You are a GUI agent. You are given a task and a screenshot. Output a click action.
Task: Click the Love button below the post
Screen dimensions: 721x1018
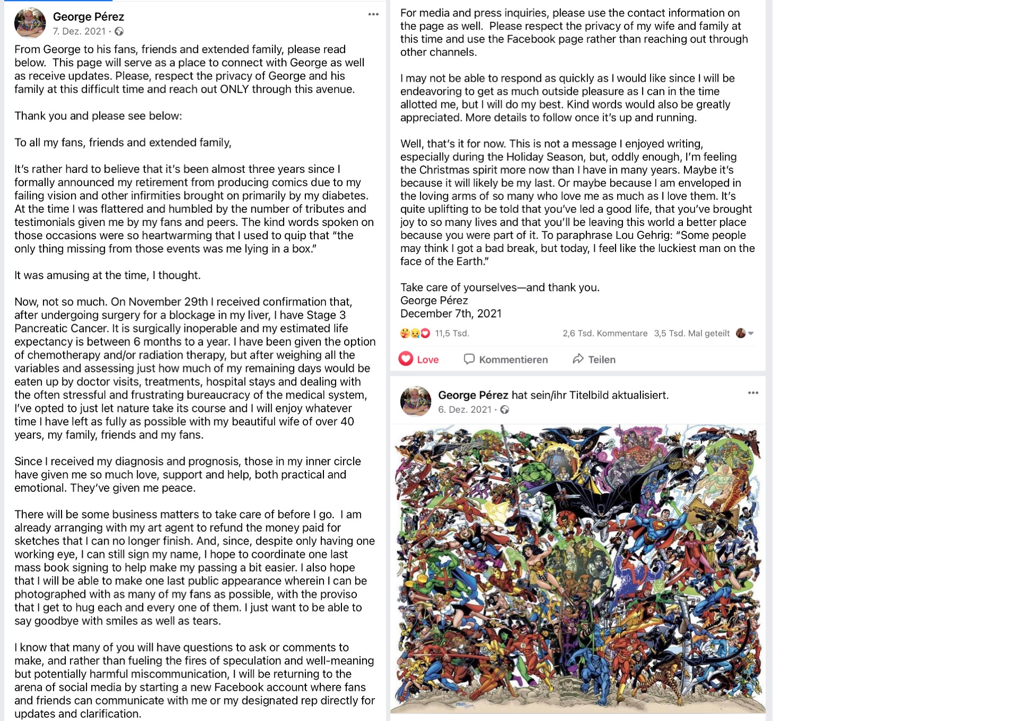click(x=419, y=359)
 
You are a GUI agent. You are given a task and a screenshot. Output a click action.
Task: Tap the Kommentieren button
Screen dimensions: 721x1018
click(x=506, y=359)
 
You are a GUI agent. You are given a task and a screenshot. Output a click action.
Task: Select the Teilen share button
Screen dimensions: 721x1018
click(x=594, y=359)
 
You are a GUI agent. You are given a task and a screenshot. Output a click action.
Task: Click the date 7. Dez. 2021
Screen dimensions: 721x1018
click(x=79, y=31)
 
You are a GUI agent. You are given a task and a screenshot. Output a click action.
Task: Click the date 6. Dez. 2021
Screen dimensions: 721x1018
click(x=464, y=410)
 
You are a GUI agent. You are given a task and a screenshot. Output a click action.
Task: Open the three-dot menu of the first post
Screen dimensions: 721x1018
click(x=373, y=14)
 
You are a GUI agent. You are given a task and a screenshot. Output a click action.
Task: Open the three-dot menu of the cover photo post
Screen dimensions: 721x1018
click(x=753, y=393)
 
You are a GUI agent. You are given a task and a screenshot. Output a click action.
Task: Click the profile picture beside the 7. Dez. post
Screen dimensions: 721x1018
click(x=30, y=23)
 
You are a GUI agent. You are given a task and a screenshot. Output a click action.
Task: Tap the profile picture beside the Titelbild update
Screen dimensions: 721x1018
click(x=416, y=401)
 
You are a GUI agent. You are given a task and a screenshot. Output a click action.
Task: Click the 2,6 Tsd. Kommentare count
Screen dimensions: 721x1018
click(x=605, y=333)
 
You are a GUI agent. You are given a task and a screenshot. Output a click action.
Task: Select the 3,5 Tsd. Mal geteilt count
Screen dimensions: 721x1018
click(x=691, y=333)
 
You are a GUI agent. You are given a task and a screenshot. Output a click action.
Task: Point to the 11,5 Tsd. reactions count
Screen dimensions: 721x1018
click(x=452, y=333)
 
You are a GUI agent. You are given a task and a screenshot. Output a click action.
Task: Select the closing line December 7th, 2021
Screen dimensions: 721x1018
click(x=451, y=314)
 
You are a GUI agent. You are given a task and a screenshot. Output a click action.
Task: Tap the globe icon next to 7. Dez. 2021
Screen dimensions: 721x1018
click(x=119, y=31)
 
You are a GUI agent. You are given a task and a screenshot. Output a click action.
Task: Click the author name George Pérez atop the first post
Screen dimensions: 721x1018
click(x=89, y=17)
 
